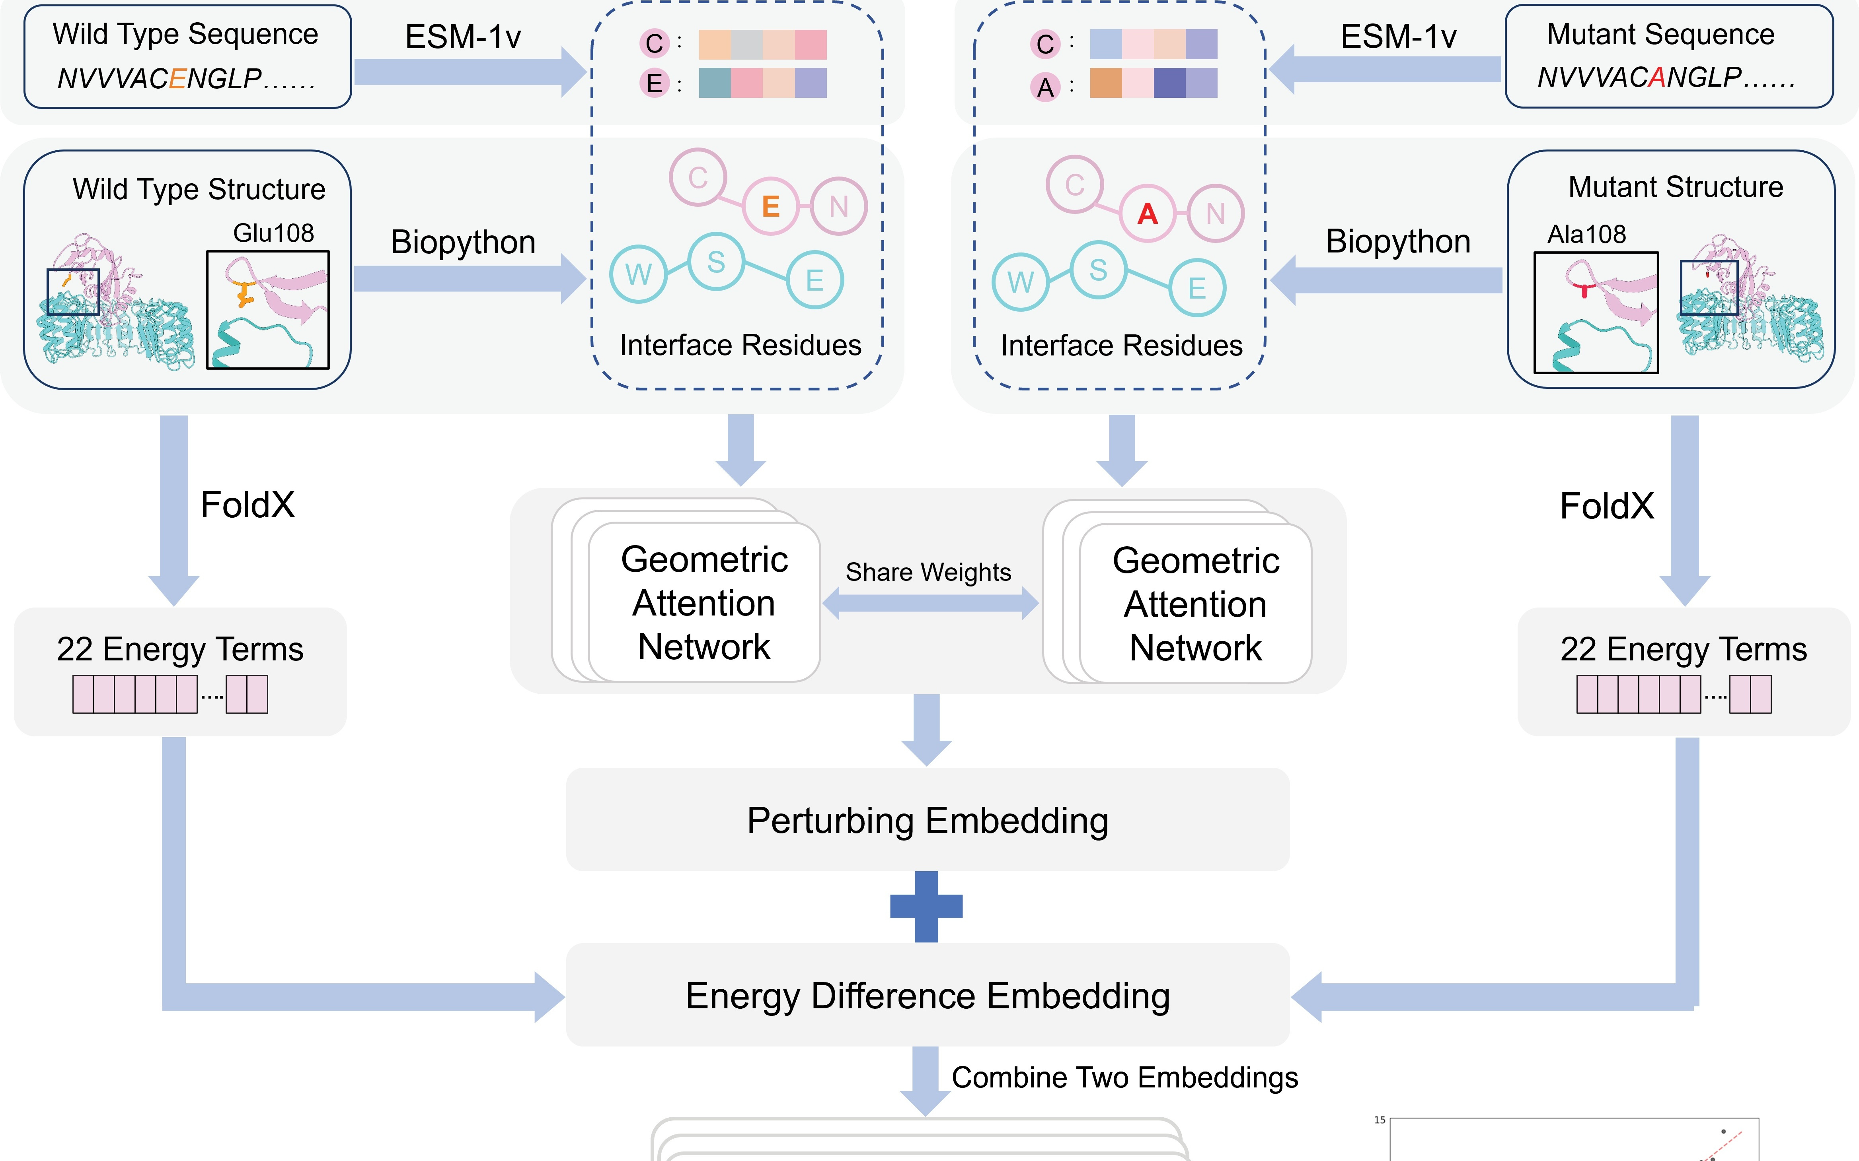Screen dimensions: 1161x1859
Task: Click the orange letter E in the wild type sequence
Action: click(x=177, y=78)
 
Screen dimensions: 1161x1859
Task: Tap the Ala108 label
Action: click(x=1586, y=234)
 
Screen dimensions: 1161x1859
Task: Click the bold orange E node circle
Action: click(x=770, y=206)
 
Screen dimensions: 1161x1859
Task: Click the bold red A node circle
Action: click(x=1148, y=214)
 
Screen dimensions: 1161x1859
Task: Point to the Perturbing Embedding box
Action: click(x=927, y=820)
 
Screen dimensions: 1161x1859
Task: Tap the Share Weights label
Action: click(x=928, y=572)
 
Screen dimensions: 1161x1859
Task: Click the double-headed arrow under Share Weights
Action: click(x=929, y=604)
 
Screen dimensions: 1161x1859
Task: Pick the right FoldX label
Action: click(x=1606, y=506)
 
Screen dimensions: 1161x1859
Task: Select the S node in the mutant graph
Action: click(x=1099, y=270)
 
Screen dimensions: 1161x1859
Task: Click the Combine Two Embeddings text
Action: click(x=1124, y=1077)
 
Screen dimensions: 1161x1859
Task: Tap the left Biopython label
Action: click(x=463, y=243)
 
